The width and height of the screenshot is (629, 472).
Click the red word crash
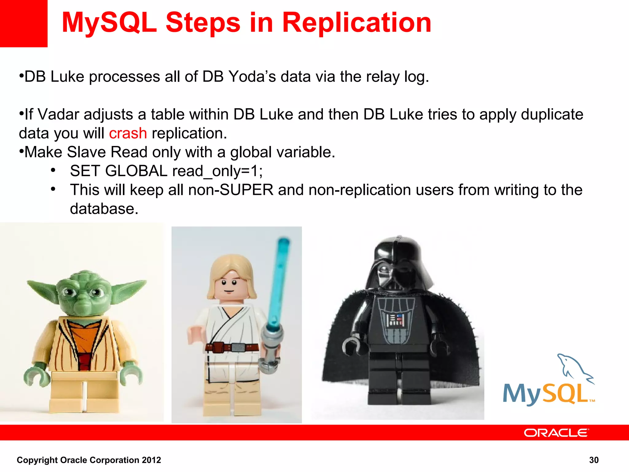[x=128, y=134]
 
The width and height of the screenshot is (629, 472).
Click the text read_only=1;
[x=217, y=171]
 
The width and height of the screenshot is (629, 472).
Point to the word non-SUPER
[x=230, y=190]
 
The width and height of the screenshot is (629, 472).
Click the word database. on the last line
[x=104, y=209]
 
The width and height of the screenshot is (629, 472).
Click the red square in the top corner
[x=23, y=23]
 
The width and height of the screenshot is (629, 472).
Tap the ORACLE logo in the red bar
[x=556, y=433]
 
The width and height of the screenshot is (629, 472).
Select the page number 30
[x=594, y=460]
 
